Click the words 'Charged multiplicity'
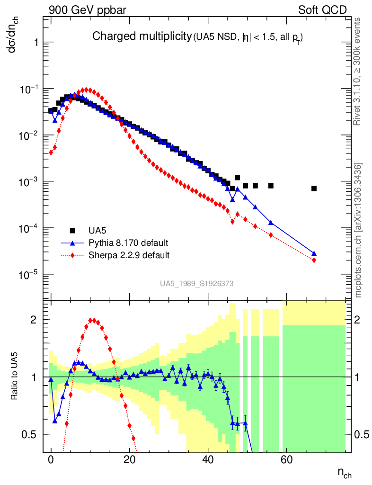tap(142, 36)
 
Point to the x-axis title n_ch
tap(344, 473)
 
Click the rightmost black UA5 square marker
tap(314, 189)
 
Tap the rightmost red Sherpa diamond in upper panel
tap(314, 260)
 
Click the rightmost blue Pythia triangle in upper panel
tap(314, 253)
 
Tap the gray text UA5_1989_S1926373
tap(196, 284)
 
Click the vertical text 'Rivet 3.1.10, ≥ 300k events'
tap(357, 72)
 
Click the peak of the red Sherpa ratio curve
tap(94, 320)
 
